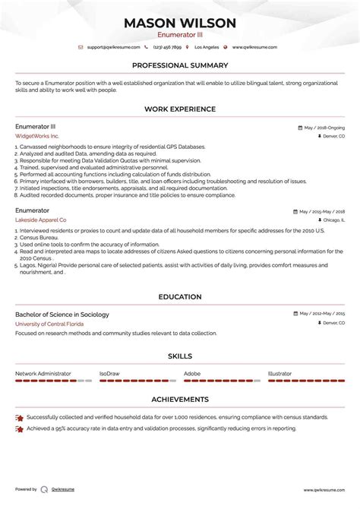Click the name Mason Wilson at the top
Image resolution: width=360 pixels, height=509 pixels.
coord(180,22)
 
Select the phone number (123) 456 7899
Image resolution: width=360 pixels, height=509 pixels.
coord(173,47)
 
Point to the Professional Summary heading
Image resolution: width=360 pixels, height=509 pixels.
coord(180,65)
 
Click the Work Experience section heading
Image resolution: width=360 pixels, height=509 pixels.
coord(180,109)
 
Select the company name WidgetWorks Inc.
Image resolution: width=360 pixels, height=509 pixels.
coord(36,136)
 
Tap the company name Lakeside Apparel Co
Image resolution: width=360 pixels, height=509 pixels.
coord(40,219)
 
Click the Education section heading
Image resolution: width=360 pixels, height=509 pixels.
coord(180,297)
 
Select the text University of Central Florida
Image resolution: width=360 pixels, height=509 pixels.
coord(49,324)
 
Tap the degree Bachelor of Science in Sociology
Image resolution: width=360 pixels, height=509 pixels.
coord(62,315)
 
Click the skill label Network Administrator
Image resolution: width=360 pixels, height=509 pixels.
coord(43,374)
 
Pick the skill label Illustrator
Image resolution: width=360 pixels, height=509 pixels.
coord(279,374)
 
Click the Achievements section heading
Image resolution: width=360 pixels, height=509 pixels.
coord(180,399)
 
